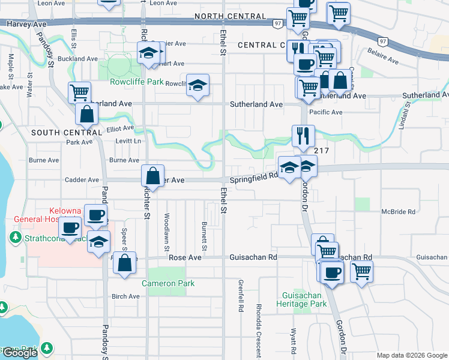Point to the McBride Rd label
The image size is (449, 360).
click(399, 212)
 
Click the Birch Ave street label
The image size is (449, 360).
click(125, 296)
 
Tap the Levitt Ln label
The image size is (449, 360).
click(128, 141)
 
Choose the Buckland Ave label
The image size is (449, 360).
click(83, 59)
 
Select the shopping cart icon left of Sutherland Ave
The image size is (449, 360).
click(79, 92)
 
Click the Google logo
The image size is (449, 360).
click(20, 353)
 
